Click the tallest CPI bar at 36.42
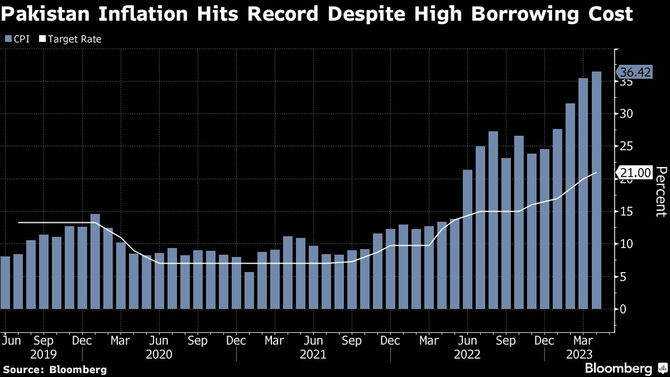596,190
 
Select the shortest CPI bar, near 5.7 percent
249,290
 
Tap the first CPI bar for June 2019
5,283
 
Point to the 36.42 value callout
634,73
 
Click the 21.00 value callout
634,173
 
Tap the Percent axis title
661,192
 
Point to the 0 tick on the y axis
623,309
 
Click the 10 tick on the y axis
625,244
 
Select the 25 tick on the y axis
625,146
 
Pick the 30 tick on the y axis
625,114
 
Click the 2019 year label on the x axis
44,354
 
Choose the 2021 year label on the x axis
314,354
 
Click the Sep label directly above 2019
44,340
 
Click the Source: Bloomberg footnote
55,369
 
